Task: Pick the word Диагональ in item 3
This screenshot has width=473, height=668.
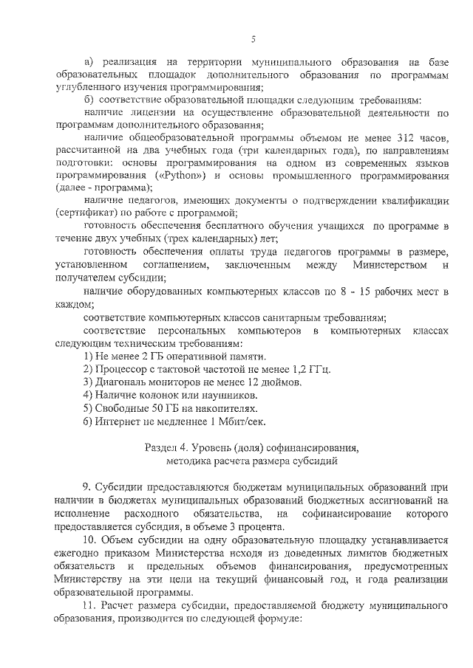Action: (x=122, y=382)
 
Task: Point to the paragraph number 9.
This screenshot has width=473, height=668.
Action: (x=86, y=486)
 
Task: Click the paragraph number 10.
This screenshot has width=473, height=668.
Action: (x=89, y=540)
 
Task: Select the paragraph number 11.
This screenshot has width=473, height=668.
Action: (x=89, y=606)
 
